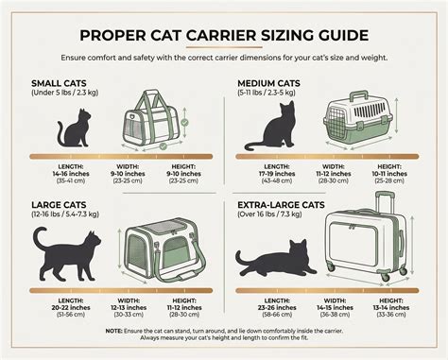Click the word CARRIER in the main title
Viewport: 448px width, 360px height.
point(221,35)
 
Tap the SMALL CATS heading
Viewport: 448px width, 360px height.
point(59,83)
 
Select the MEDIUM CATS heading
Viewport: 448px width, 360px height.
point(268,83)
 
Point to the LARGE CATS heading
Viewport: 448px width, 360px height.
point(59,205)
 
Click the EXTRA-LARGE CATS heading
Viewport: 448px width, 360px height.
point(281,205)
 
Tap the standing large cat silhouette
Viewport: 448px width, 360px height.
point(66,254)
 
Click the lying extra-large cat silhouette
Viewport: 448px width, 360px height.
point(275,258)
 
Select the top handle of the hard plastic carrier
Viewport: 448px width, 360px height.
point(359,95)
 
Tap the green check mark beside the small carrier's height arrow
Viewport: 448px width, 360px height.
point(185,122)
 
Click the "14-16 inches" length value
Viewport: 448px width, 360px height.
point(71,174)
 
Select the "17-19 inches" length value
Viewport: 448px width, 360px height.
point(277,174)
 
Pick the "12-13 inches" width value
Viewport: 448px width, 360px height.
point(129,308)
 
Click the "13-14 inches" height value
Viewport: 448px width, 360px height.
point(391,308)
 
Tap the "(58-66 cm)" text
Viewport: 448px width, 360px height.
point(277,315)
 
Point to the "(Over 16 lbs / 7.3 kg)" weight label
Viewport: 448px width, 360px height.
point(269,214)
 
